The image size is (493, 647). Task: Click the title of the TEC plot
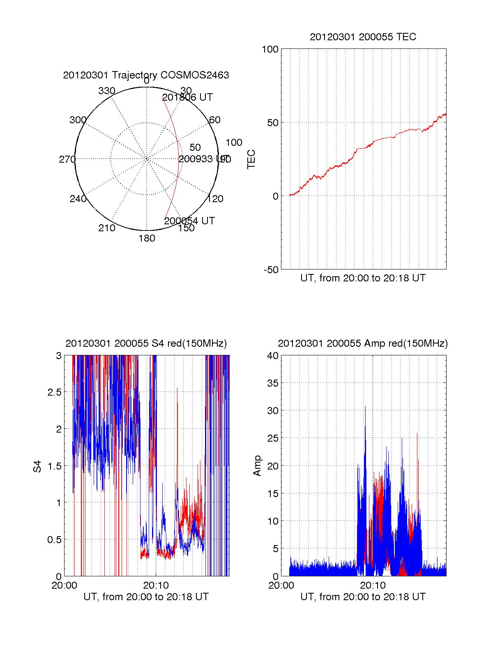coord(363,37)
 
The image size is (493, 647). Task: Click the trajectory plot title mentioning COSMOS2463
coord(146,75)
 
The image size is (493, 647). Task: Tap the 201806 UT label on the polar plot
coord(187,97)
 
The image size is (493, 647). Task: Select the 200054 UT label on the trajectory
coord(189,221)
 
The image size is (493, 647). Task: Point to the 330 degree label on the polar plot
coord(107,91)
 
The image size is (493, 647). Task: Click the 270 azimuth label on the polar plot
coord(67,159)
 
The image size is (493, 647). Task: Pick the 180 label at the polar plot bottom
coord(147,238)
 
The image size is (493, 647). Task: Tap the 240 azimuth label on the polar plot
coord(78,199)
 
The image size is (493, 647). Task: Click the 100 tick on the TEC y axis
coord(270,49)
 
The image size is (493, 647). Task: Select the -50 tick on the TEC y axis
coord(271,270)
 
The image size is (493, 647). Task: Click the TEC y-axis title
coord(251,159)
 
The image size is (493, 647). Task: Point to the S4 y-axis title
coord(37,466)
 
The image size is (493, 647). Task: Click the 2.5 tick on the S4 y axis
coord(54,392)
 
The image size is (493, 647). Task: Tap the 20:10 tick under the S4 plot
coord(156,585)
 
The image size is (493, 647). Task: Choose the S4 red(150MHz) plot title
coord(146,343)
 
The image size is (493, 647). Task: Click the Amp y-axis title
coord(257,466)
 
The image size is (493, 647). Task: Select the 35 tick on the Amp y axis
coord(273,383)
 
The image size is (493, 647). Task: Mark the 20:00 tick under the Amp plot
coord(281,585)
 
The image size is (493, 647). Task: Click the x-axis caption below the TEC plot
coord(363,278)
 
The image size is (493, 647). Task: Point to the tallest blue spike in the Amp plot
coord(365,408)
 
